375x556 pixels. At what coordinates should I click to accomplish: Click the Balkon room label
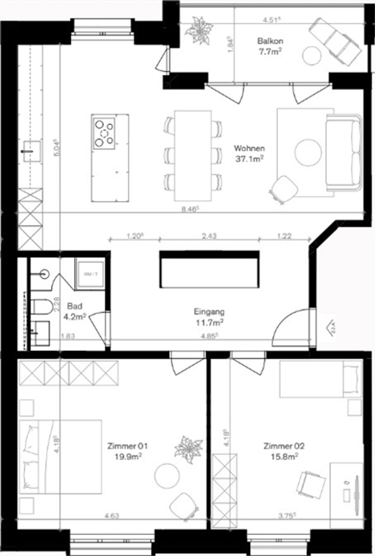click(x=270, y=41)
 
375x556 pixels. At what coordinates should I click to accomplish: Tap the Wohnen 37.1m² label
click(x=249, y=153)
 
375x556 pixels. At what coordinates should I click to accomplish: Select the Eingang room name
click(x=209, y=312)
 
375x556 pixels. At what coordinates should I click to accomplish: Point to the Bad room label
click(x=75, y=306)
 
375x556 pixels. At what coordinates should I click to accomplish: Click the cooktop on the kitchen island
click(x=104, y=133)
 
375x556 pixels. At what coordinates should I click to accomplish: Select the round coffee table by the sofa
click(x=308, y=152)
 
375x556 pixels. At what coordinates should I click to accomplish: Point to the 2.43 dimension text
click(x=209, y=236)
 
